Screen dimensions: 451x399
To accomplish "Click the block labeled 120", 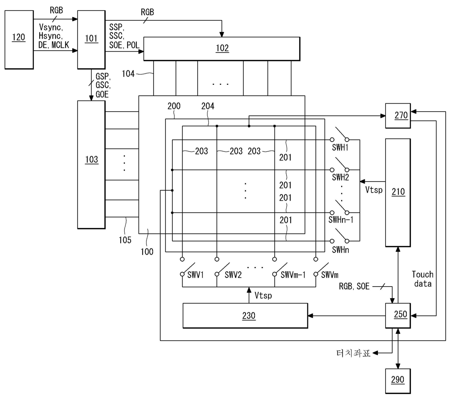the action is coord(19,40).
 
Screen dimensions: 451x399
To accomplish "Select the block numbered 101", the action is coord(91,40).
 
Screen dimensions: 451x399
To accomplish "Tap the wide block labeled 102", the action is coord(222,49).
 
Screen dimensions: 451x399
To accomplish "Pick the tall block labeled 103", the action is coord(91,164).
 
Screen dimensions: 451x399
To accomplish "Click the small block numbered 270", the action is coord(398,116).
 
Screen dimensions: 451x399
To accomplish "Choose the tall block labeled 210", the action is coord(398,193).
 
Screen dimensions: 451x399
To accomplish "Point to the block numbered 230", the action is coord(245,315).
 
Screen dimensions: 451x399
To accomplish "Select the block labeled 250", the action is coord(398,315).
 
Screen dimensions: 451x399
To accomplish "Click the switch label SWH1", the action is coord(340,147).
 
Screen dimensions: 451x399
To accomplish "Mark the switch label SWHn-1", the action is coord(341,220).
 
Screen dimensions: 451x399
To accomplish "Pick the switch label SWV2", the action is coord(233,275).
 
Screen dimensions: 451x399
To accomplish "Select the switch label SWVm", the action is coord(330,275).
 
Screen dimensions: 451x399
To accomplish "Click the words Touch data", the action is coord(423,279).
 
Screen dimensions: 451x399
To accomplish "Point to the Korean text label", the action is coord(353,353).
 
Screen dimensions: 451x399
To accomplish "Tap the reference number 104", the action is coord(128,74).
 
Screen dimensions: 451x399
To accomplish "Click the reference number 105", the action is coord(125,240).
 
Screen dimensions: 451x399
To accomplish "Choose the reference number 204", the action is coord(208,106).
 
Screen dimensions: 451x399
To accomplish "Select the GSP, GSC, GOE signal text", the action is coord(103,85).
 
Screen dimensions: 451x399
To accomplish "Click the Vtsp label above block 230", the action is coord(263,295).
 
